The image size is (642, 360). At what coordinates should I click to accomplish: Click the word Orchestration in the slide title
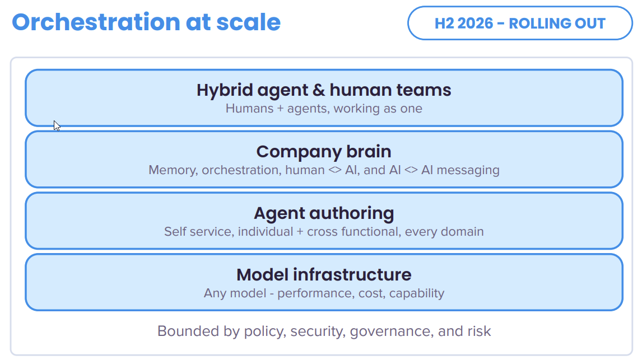coord(96,22)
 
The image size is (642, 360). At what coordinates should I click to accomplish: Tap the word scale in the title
coord(249,22)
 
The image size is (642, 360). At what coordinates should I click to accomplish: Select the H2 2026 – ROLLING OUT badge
coord(520,24)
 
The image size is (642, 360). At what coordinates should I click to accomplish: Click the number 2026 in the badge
coord(476,24)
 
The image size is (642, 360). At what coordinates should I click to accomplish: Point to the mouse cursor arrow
coord(57,125)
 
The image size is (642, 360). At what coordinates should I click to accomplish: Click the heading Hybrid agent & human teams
coord(324,90)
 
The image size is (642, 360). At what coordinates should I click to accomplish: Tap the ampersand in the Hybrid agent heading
coord(318,90)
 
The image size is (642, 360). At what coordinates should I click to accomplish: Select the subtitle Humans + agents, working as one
coord(324,109)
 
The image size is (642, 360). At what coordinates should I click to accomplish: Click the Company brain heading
coord(324,152)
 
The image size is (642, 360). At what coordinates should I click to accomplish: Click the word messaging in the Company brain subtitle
coord(468,170)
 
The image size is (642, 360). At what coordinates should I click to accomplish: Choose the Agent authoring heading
coord(324,213)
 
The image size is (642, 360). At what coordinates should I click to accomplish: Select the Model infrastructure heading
coord(324,274)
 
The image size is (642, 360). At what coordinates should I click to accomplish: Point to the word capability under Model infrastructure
coord(417,293)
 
